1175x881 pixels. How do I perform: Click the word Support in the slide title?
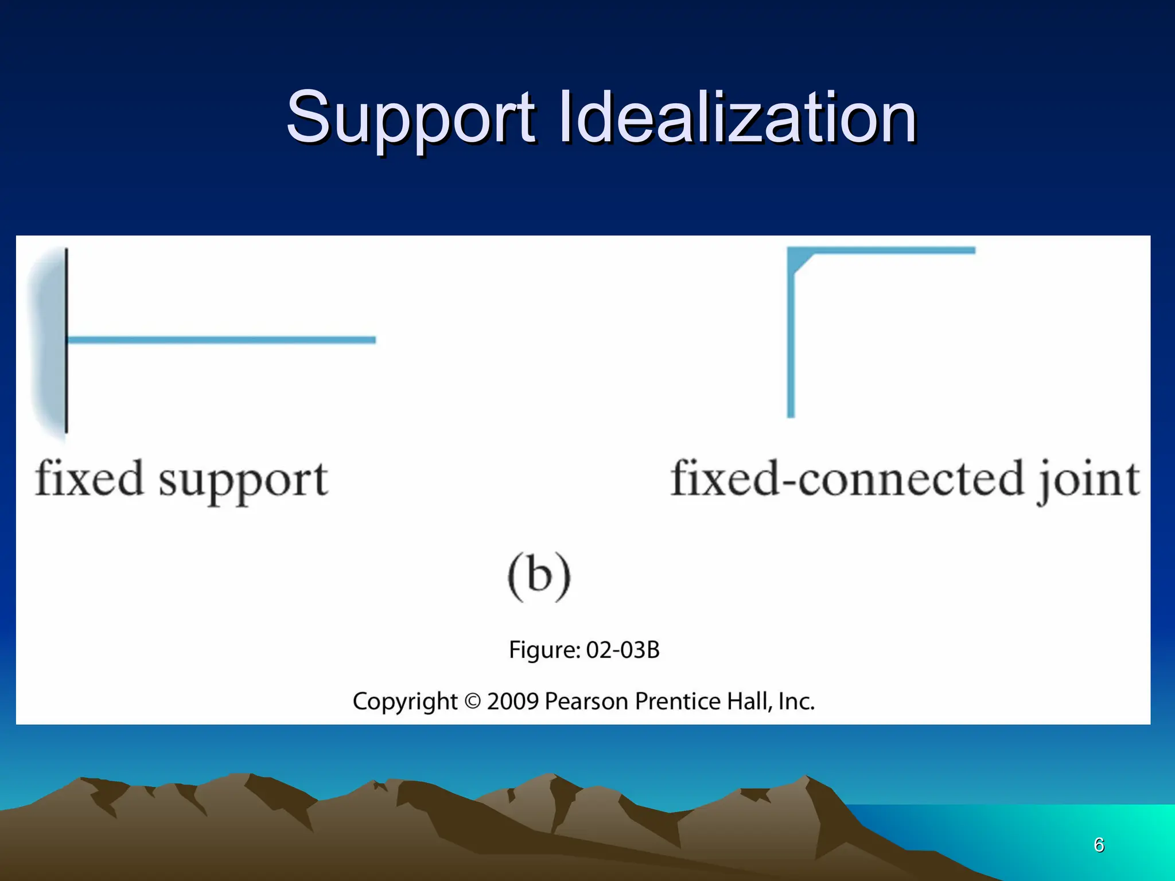pyautogui.click(x=411, y=119)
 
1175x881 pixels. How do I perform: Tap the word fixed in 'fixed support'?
pyautogui.click(x=89, y=479)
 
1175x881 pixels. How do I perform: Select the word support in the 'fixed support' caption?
pyautogui.click(x=243, y=482)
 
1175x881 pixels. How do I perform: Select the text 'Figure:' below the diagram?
pyautogui.click(x=545, y=650)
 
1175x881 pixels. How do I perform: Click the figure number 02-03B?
pyautogui.click(x=623, y=650)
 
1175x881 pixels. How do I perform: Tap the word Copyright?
pyautogui.click(x=405, y=701)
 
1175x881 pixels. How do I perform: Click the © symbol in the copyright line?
pyautogui.click(x=472, y=701)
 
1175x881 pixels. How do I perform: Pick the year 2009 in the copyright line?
pyautogui.click(x=513, y=701)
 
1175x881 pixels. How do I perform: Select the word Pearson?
pyautogui.click(x=586, y=701)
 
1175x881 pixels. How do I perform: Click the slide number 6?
pyautogui.click(x=1099, y=845)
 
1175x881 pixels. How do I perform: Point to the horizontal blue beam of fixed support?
pyautogui.click(x=221, y=340)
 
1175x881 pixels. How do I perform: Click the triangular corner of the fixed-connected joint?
pyautogui.click(x=797, y=259)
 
